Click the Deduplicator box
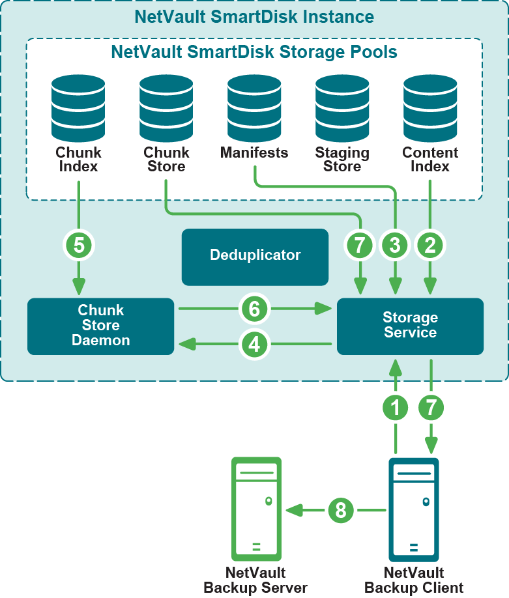[255, 257]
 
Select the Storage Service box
[410, 326]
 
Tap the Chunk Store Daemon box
[100, 326]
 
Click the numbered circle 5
[79, 246]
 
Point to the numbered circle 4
[254, 343]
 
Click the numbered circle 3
[395, 246]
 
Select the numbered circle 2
[430, 246]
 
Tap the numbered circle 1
[395, 408]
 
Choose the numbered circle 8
[340, 510]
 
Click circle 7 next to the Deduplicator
[359, 246]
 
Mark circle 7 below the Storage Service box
[431, 408]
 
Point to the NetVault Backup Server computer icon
[255, 509]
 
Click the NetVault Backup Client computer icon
[413, 509]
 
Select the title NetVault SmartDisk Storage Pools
[254, 51]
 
